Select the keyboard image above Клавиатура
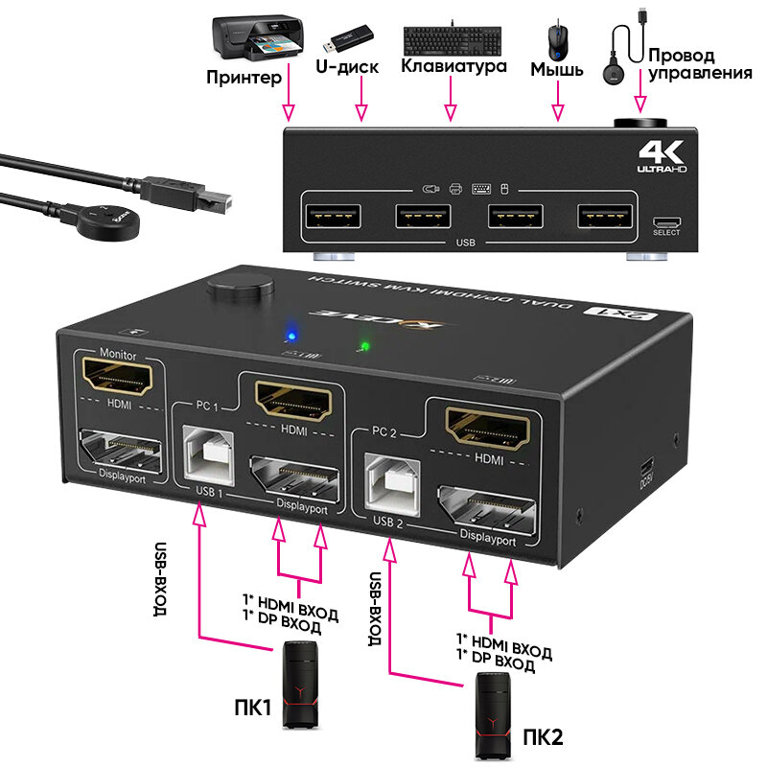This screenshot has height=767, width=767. click(x=451, y=40)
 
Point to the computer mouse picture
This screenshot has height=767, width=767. click(x=557, y=40)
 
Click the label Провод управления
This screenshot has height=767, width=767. click(x=699, y=64)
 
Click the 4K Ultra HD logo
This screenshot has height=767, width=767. click(x=662, y=155)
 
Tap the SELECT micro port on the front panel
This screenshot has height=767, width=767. click(x=666, y=220)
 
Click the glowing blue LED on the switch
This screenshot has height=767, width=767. click(x=289, y=337)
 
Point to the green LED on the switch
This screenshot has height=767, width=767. click(x=363, y=345)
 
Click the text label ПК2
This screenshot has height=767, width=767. click(x=545, y=738)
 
